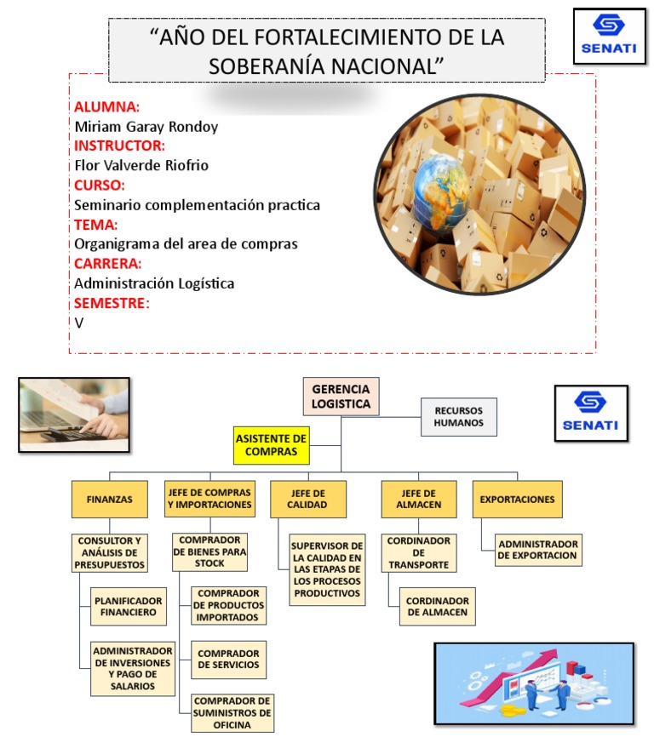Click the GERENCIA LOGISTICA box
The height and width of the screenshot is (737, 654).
(341, 395)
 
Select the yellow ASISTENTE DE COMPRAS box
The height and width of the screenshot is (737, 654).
(271, 445)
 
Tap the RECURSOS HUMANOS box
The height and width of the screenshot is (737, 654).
(458, 416)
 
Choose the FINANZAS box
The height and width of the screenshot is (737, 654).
(109, 500)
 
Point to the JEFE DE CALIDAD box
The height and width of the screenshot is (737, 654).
(308, 500)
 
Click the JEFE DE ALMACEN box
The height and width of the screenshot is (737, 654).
(418, 500)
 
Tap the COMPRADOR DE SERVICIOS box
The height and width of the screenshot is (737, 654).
(228, 660)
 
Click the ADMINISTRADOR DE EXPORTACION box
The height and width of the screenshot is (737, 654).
(537, 550)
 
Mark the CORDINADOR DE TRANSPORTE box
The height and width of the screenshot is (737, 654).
(418, 552)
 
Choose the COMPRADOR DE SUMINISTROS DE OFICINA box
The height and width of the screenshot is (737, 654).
(232, 712)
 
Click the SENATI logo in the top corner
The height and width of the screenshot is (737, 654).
(608, 36)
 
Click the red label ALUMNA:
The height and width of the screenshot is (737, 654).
(106, 107)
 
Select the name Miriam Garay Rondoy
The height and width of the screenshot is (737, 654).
(146, 127)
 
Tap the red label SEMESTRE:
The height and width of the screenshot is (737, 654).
(112, 303)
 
